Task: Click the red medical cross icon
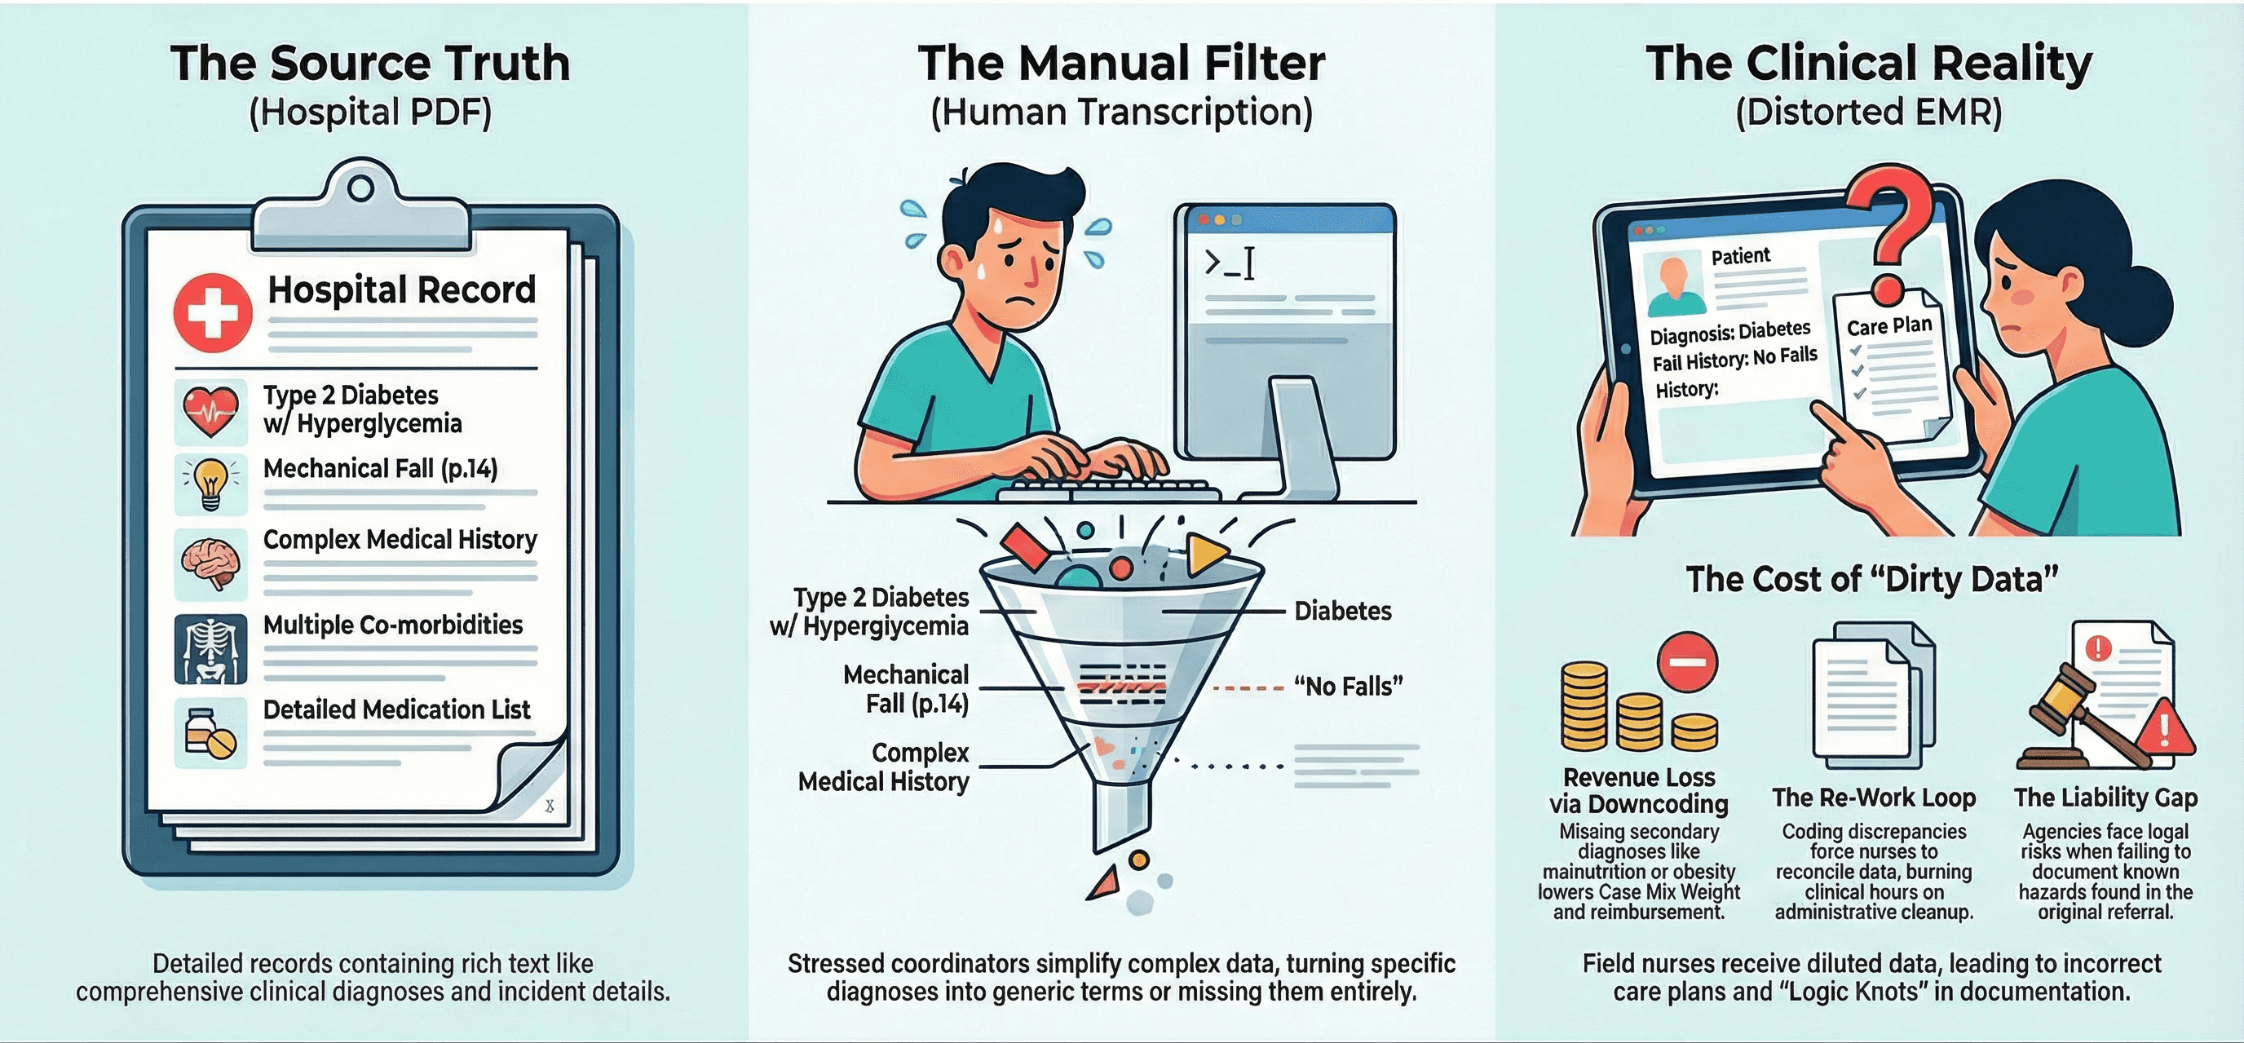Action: pos(213,312)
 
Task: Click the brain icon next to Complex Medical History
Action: pos(210,563)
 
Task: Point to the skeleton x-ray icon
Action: pos(210,649)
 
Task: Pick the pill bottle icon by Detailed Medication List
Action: pos(210,733)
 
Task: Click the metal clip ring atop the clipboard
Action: pos(360,188)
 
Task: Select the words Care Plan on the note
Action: pos(1889,326)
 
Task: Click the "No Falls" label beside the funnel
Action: pos(1348,687)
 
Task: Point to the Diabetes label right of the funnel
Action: pos(1342,611)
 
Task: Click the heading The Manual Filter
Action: pos(1121,64)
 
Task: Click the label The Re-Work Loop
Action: pos(1874,798)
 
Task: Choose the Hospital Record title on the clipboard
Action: pos(401,290)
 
